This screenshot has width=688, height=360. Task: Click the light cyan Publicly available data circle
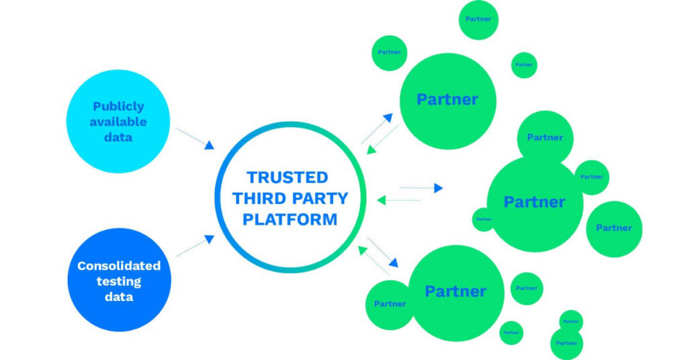click(118, 122)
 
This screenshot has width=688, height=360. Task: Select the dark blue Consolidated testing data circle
click(119, 279)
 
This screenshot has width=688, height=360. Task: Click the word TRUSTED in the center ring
click(287, 177)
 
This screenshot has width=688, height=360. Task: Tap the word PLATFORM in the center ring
click(290, 220)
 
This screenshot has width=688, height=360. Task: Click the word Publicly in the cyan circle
click(118, 106)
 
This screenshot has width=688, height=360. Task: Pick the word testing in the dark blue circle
click(118, 281)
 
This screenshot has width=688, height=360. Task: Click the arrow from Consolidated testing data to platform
click(195, 246)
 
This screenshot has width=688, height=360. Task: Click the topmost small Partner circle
click(478, 19)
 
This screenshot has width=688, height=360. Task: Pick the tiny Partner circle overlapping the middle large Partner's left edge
click(483, 219)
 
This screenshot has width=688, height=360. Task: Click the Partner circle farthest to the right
click(614, 228)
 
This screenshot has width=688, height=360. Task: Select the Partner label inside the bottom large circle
click(456, 291)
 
